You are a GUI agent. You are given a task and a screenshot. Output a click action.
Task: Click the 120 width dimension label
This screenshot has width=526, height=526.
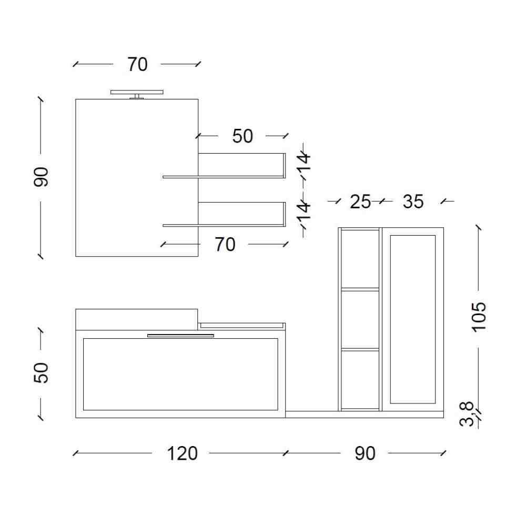(x=182, y=453)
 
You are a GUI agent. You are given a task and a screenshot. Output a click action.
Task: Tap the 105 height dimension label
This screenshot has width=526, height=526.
(x=479, y=317)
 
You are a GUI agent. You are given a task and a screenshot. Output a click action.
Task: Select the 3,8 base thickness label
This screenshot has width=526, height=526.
(x=467, y=414)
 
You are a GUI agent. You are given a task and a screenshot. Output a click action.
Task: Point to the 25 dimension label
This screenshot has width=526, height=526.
(x=360, y=201)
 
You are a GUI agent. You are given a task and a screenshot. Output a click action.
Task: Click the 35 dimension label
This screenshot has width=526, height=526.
(x=413, y=201)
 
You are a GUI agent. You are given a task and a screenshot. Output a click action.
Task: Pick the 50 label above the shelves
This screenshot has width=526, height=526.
(x=242, y=136)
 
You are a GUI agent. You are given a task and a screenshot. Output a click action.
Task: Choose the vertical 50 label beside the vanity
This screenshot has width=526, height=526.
(x=41, y=372)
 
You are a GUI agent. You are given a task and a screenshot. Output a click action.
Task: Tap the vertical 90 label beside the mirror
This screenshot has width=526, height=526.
(x=41, y=177)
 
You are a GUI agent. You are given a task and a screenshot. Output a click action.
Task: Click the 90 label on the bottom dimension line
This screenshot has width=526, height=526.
(x=365, y=453)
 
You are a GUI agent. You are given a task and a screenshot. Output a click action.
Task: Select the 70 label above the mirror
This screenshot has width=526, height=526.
(x=137, y=64)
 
